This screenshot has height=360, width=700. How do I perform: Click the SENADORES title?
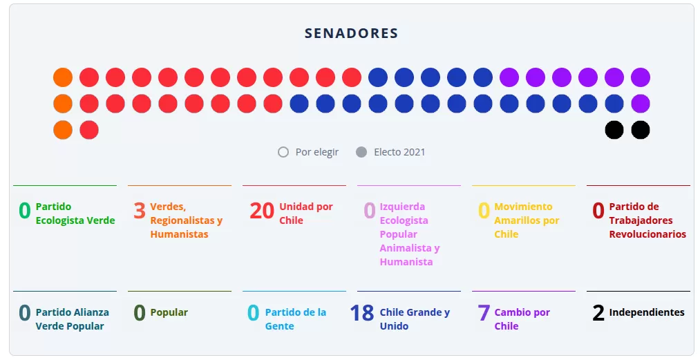click(351, 33)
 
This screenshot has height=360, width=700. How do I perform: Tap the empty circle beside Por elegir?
click(283, 152)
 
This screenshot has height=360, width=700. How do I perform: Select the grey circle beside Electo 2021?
click(361, 152)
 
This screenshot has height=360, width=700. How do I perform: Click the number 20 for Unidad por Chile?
click(262, 211)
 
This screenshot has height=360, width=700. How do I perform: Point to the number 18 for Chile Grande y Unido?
click(362, 313)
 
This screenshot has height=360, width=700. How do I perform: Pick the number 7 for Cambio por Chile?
click(484, 313)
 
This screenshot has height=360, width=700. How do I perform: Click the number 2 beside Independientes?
click(598, 313)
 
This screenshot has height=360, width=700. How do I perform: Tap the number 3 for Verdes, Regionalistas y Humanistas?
click(140, 211)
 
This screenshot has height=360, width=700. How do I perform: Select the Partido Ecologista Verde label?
click(75, 214)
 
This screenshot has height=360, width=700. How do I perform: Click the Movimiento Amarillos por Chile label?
click(527, 220)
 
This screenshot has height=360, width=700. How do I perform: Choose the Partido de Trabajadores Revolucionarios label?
click(647, 220)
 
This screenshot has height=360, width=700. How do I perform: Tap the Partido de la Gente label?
click(295, 319)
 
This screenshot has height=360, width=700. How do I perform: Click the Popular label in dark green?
click(169, 312)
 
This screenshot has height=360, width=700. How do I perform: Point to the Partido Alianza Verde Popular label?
click(72, 319)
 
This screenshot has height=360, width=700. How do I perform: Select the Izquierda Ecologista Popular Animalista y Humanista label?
click(409, 234)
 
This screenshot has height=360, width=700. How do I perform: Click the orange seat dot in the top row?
click(63, 77)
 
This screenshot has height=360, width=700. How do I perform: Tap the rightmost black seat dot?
click(641, 130)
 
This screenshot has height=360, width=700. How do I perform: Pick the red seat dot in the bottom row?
click(89, 130)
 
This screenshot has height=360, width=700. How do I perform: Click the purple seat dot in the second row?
click(641, 104)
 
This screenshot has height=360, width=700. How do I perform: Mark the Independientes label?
click(647, 312)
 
